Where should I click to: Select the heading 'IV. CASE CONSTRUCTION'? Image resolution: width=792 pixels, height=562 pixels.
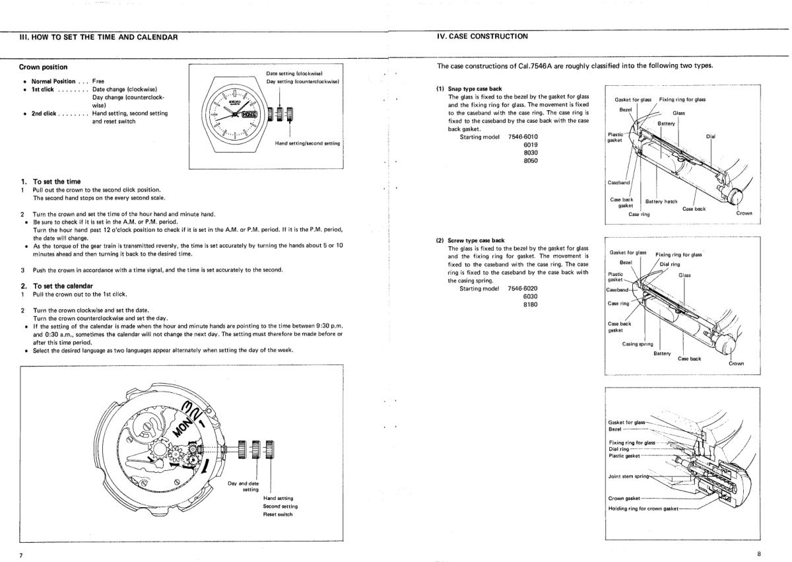(482, 36)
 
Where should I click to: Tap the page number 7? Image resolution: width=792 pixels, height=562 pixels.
(20, 555)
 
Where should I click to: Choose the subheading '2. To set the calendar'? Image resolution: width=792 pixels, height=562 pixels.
(58, 285)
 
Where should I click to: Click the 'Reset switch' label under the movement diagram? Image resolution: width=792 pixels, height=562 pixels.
(277, 514)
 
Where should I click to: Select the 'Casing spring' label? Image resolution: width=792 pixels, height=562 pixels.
(638, 343)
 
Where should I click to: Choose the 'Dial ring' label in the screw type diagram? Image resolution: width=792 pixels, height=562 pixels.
(672, 264)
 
